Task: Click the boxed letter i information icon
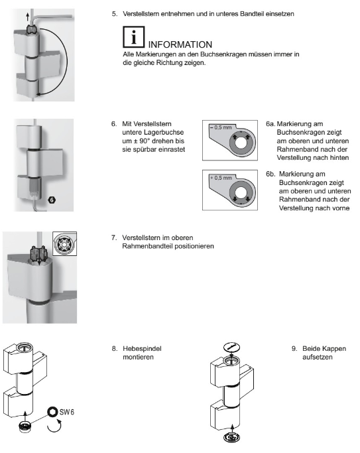[134, 37]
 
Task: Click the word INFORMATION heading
[180, 44]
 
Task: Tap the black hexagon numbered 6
[52, 200]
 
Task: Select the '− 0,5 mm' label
[221, 127]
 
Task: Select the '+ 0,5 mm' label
[221, 178]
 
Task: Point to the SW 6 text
[67, 412]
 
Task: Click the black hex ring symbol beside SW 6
[52, 412]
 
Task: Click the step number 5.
[115, 14]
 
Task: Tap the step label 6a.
[270, 124]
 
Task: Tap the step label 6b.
[270, 174]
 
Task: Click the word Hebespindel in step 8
[142, 349]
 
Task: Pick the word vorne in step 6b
[339, 208]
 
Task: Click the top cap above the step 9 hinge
[232, 347]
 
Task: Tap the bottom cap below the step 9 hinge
[232, 437]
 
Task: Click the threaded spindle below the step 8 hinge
[24, 426]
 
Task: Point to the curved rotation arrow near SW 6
[54, 426]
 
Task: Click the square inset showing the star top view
[65, 243]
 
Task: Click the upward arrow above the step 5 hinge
[28, 16]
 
